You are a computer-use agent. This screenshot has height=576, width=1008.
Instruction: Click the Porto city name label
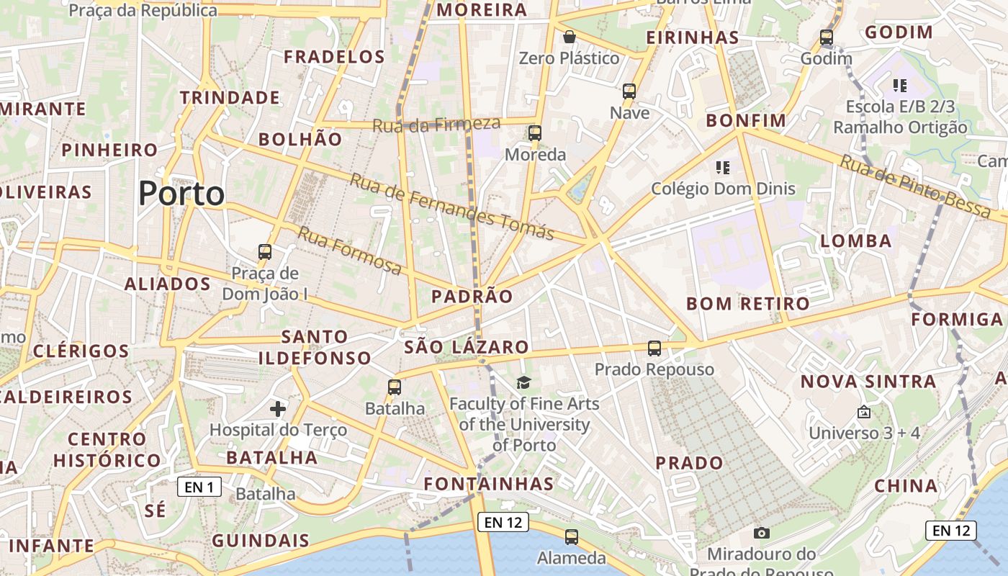(x=181, y=194)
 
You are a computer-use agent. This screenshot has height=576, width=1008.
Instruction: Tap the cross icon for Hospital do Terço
(x=278, y=409)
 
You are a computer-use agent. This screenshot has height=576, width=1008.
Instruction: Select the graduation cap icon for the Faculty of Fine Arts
(x=523, y=382)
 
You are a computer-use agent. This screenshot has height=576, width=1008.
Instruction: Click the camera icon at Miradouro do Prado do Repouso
(x=761, y=533)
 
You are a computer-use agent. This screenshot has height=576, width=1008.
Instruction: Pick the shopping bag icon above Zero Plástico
(x=570, y=37)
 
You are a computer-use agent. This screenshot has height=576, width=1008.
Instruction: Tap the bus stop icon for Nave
(x=629, y=91)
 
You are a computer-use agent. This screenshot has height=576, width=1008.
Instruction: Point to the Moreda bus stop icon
(x=534, y=133)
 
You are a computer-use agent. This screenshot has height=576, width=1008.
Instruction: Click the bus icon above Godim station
(x=827, y=37)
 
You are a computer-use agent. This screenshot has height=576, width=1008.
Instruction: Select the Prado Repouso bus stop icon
(x=654, y=348)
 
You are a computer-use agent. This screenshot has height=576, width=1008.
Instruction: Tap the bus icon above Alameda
(x=572, y=536)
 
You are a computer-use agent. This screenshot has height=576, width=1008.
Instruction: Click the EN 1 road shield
(x=199, y=487)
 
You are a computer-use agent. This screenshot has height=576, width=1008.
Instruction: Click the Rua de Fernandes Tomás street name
(x=451, y=207)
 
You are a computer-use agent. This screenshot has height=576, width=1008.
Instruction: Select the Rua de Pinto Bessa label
(x=914, y=186)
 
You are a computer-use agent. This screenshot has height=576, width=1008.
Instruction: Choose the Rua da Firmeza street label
(x=436, y=125)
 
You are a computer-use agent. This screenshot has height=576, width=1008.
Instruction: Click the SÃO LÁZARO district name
(x=467, y=347)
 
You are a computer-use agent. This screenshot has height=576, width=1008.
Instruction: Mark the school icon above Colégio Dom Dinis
(x=723, y=168)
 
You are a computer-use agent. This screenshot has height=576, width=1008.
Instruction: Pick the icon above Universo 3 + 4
(x=864, y=413)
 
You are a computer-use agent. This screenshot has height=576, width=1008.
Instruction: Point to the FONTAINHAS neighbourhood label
(x=489, y=484)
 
